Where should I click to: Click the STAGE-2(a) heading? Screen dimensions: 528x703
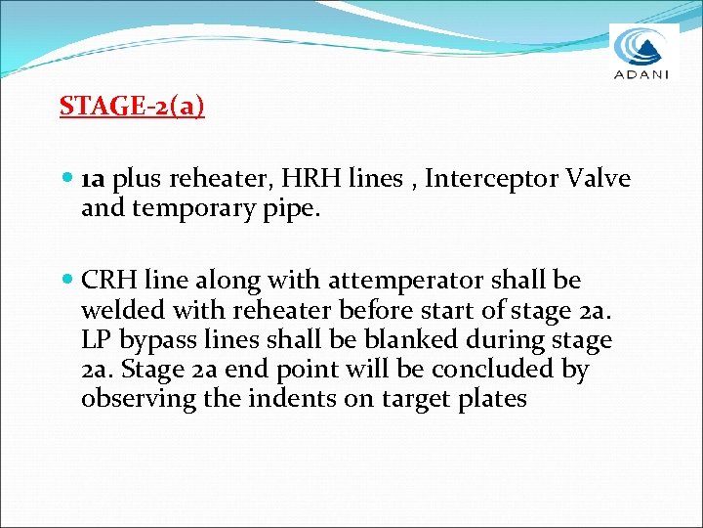point(132,106)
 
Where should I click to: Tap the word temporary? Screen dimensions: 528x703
point(203,207)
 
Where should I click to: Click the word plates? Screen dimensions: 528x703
point(490,400)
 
